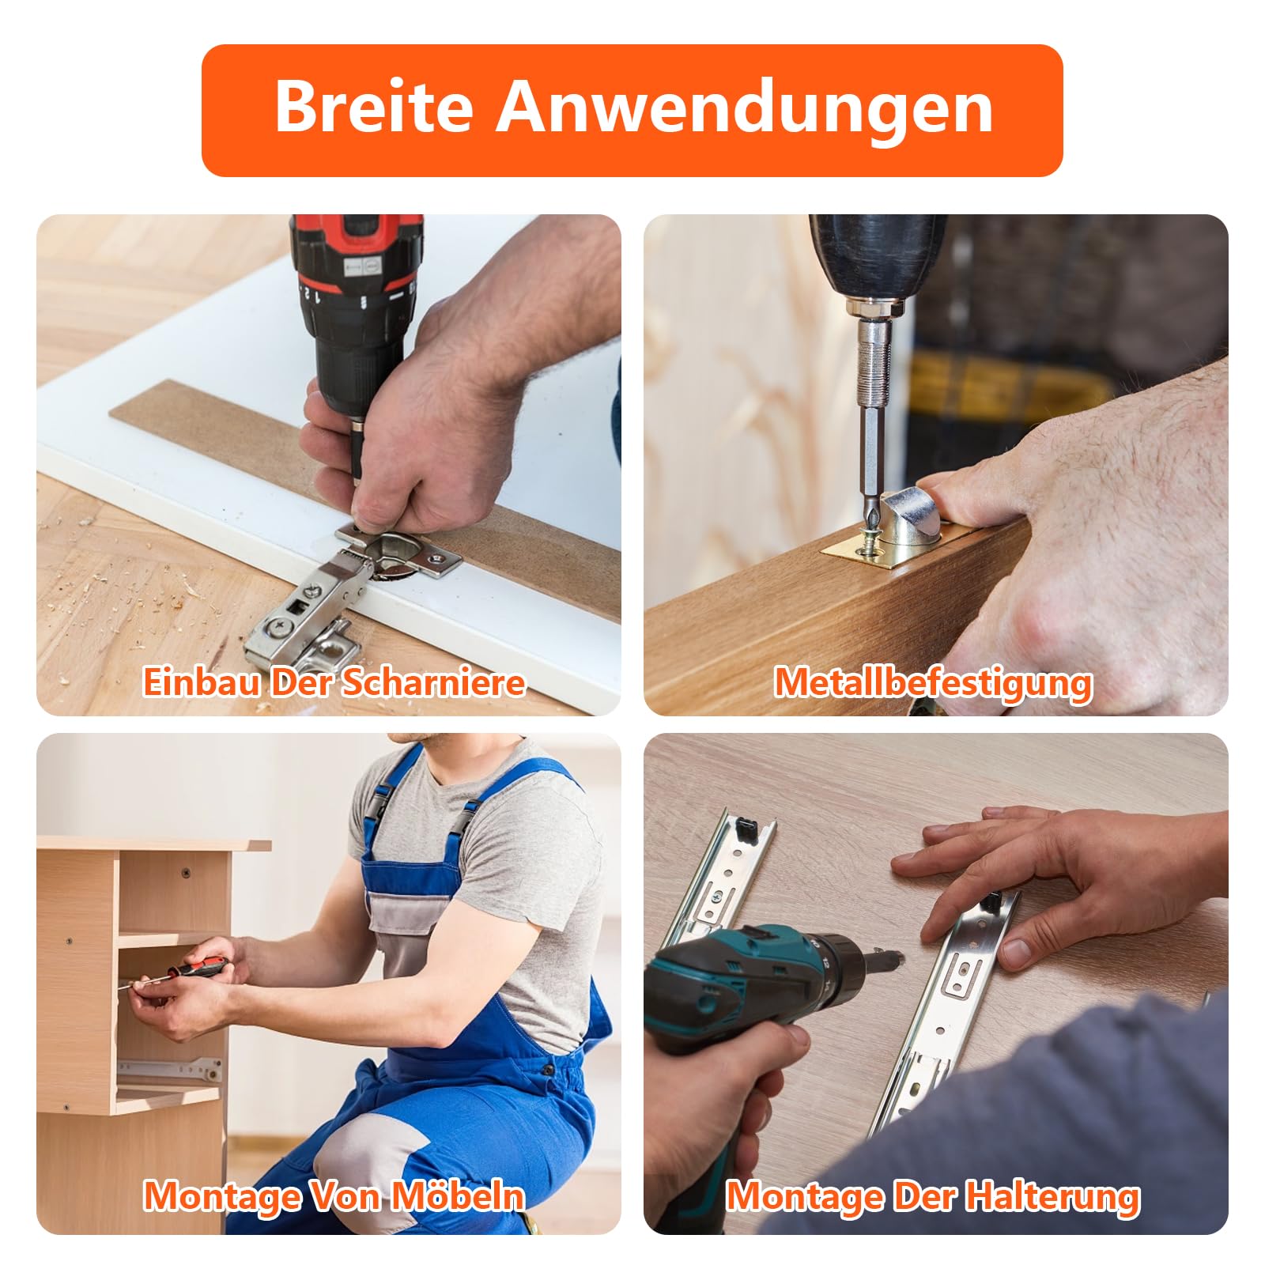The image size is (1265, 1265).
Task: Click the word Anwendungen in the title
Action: (x=744, y=109)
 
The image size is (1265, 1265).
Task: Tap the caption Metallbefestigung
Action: (x=933, y=683)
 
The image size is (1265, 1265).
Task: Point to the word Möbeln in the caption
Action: (x=458, y=1196)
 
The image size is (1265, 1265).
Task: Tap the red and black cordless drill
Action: (x=360, y=332)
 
